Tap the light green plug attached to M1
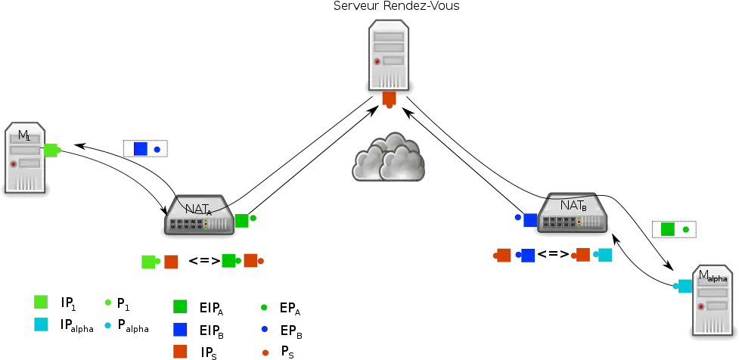(x=51, y=150)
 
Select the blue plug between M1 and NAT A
(x=141, y=148)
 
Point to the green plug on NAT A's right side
(x=243, y=220)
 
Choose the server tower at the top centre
(x=389, y=56)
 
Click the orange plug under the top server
(x=389, y=99)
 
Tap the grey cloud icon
(x=390, y=157)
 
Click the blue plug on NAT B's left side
(x=529, y=220)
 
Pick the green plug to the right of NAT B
(x=668, y=229)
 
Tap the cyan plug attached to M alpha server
(x=683, y=286)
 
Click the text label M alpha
(x=713, y=276)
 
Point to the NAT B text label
(x=573, y=205)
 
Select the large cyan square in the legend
(x=40, y=324)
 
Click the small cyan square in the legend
(x=109, y=327)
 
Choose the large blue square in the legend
(x=179, y=329)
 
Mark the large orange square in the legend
(x=179, y=350)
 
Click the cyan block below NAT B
(x=604, y=256)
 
